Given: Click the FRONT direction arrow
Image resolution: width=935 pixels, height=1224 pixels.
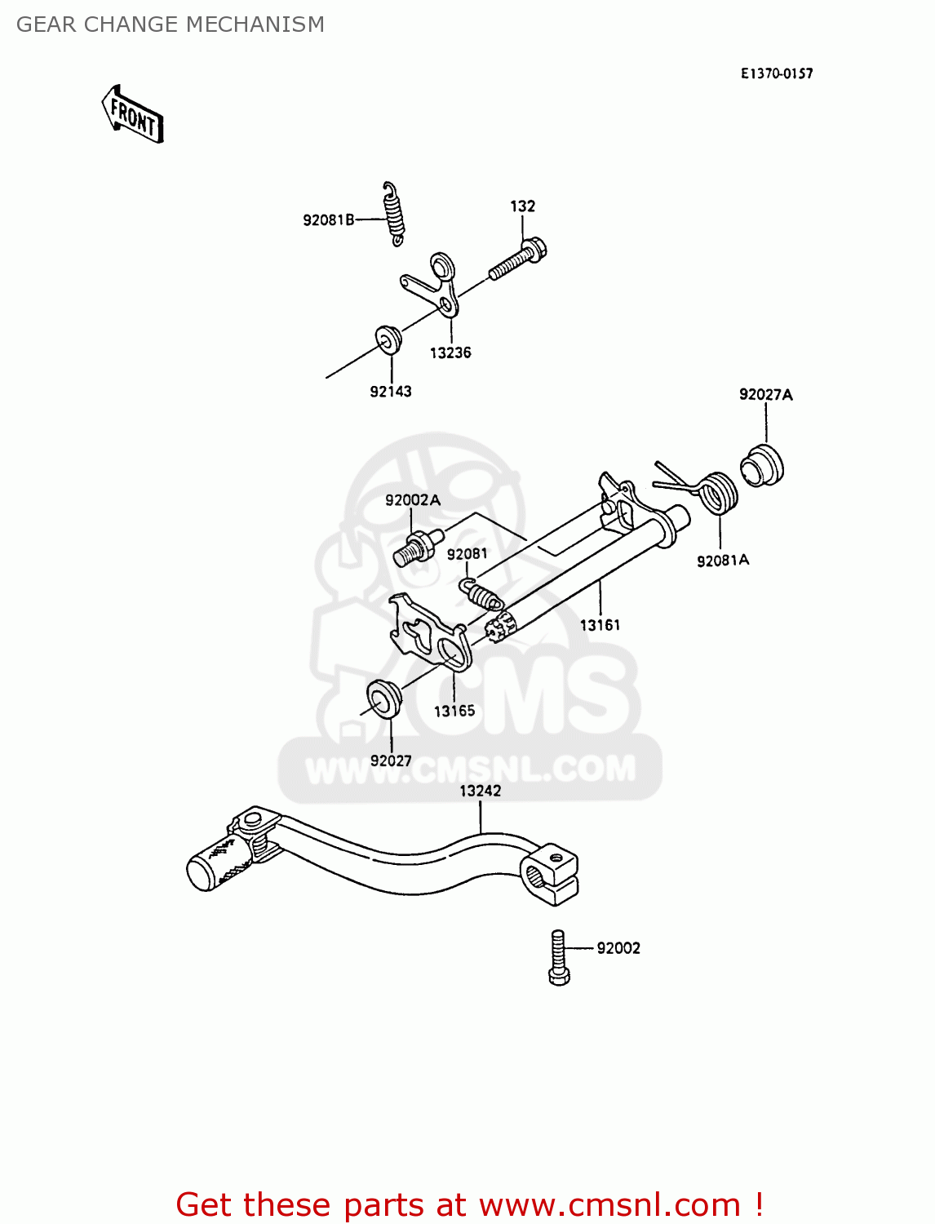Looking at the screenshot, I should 133,115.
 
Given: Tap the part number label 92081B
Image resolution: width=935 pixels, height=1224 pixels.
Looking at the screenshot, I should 329,220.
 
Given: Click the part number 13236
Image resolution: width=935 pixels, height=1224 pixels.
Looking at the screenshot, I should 450,353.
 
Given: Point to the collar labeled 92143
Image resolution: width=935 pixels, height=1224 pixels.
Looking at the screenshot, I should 388,339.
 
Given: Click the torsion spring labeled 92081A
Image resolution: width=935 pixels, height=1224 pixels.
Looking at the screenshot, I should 718,493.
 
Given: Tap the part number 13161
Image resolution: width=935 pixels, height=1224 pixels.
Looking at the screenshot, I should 600,625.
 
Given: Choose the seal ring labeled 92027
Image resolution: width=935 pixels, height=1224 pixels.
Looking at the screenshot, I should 383,697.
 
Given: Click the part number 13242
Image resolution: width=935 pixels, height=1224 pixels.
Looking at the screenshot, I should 480,791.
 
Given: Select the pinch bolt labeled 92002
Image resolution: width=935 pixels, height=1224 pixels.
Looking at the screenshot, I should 559,958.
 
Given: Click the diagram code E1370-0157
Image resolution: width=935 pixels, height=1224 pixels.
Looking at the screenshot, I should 777,73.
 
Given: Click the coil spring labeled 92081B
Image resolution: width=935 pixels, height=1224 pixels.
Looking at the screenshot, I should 394,213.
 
